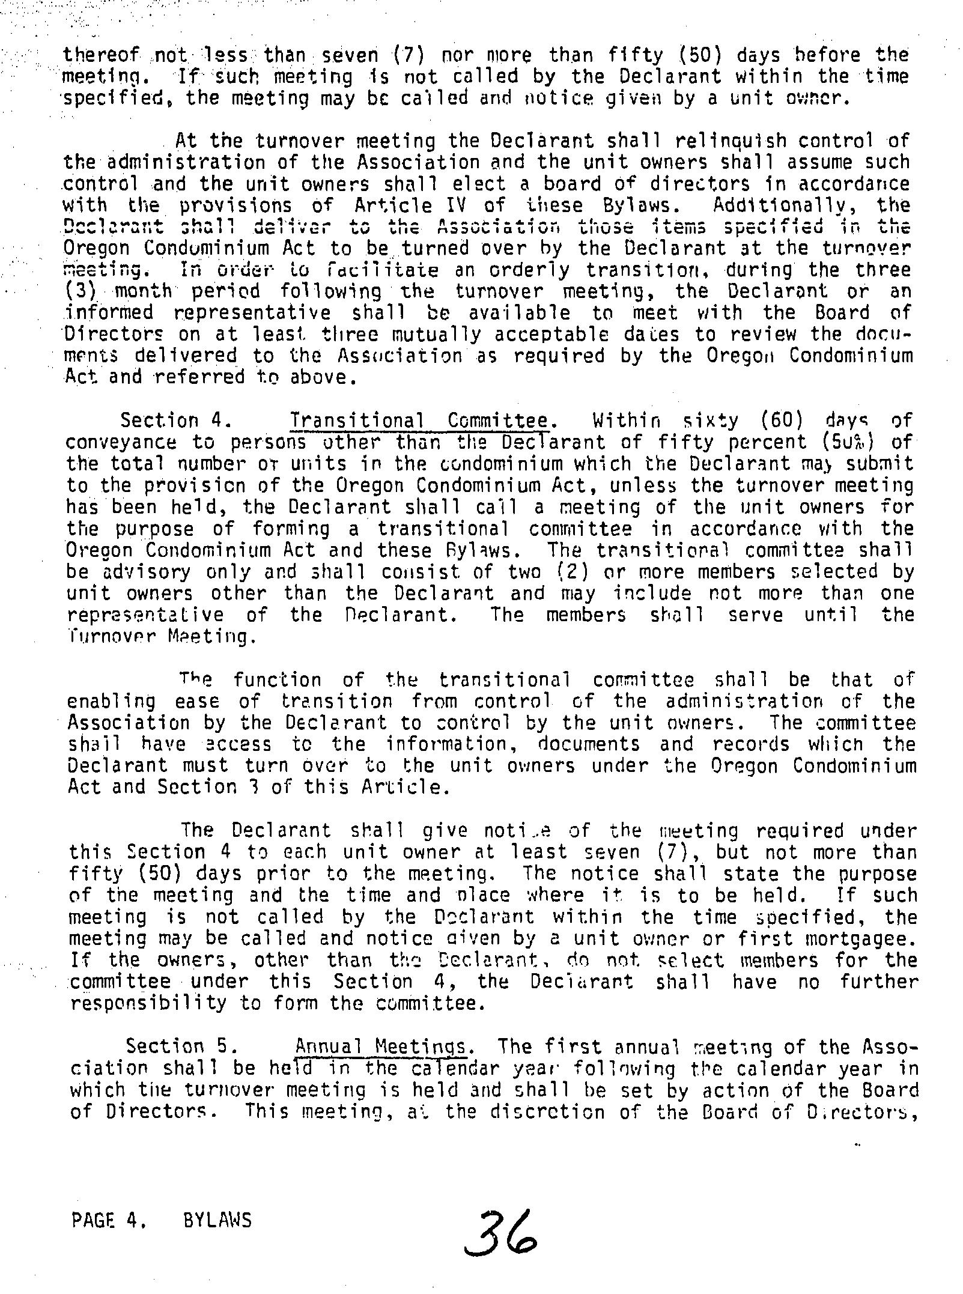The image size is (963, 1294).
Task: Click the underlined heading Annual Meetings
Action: click(381, 1047)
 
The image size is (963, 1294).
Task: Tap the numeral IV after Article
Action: click(458, 205)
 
